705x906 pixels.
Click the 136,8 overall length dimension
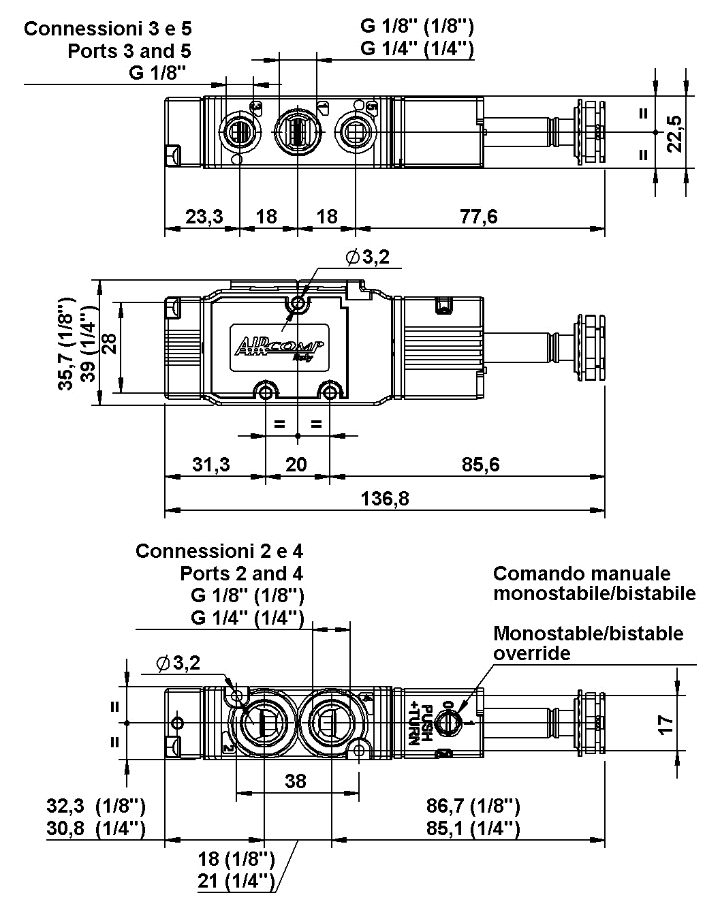point(385,499)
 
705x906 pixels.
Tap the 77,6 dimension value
point(479,217)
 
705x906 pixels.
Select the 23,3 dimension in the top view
point(204,217)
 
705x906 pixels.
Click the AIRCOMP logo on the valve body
point(280,347)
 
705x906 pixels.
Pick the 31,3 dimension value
point(210,465)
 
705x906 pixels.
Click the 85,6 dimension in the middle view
point(480,465)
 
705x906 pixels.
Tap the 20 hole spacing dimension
point(296,465)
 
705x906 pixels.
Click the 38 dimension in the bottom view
point(296,781)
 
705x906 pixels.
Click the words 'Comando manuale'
point(582,574)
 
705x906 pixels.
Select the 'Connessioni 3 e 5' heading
point(108,29)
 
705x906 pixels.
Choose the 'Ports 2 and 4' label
point(242,574)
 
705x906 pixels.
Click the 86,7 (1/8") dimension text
point(473,807)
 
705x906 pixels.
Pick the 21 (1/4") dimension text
point(236,881)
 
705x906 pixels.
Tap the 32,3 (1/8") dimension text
point(96,807)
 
